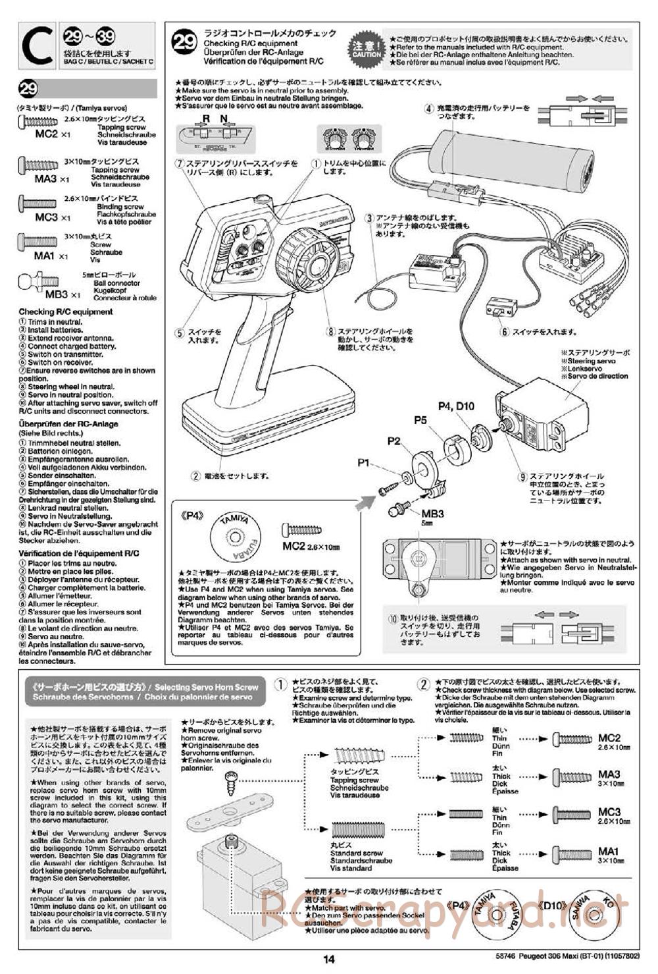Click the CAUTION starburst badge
[x=366, y=47]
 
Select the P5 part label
[x=420, y=419]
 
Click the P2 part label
[x=393, y=441]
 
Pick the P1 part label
[x=365, y=463]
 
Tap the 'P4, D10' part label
[x=456, y=406]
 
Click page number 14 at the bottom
[x=329, y=960]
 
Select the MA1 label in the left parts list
[x=44, y=255]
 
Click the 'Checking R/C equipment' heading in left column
[x=65, y=311]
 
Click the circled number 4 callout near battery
[x=428, y=109]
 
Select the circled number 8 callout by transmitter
[x=330, y=331]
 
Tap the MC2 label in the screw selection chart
[x=609, y=738]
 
